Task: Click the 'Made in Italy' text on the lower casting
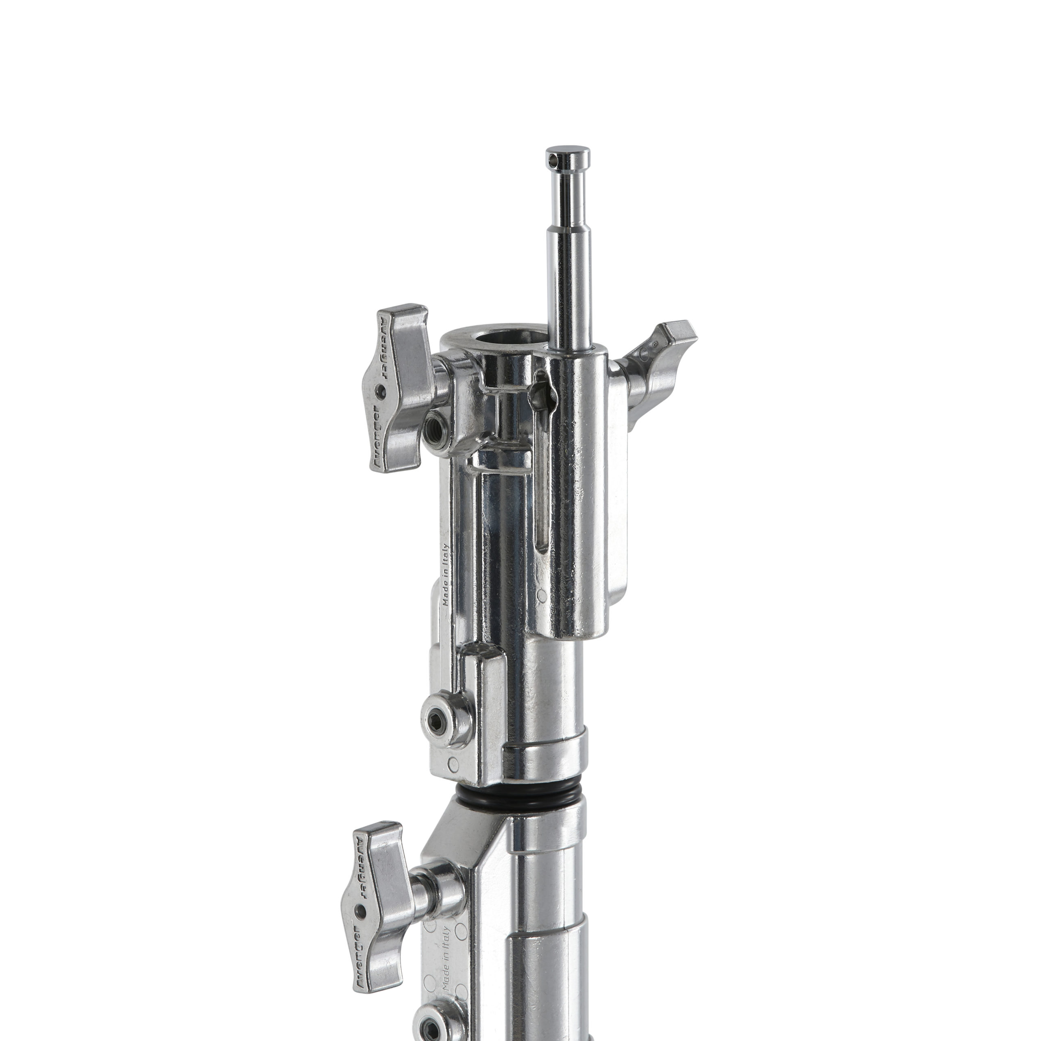pyautogui.click(x=446, y=938)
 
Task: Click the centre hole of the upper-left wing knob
pyautogui.click(x=381, y=388)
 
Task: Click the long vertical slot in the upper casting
pyautogui.click(x=544, y=501)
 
